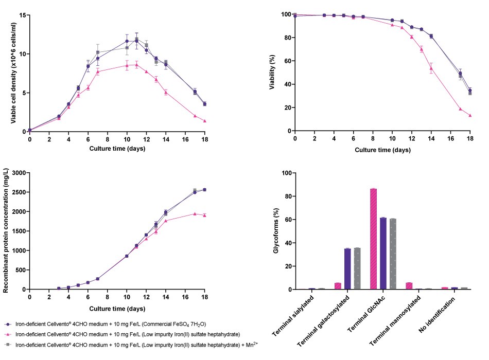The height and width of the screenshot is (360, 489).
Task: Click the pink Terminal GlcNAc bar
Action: click(374, 239)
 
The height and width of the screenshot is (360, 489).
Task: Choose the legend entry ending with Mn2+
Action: click(136, 344)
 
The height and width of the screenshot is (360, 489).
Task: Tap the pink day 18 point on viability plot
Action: click(470, 116)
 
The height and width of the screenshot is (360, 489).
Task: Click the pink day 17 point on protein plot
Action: click(195, 213)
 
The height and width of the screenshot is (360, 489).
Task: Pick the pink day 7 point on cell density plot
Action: click(98, 71)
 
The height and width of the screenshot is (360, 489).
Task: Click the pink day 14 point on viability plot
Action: click(431, 68)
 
